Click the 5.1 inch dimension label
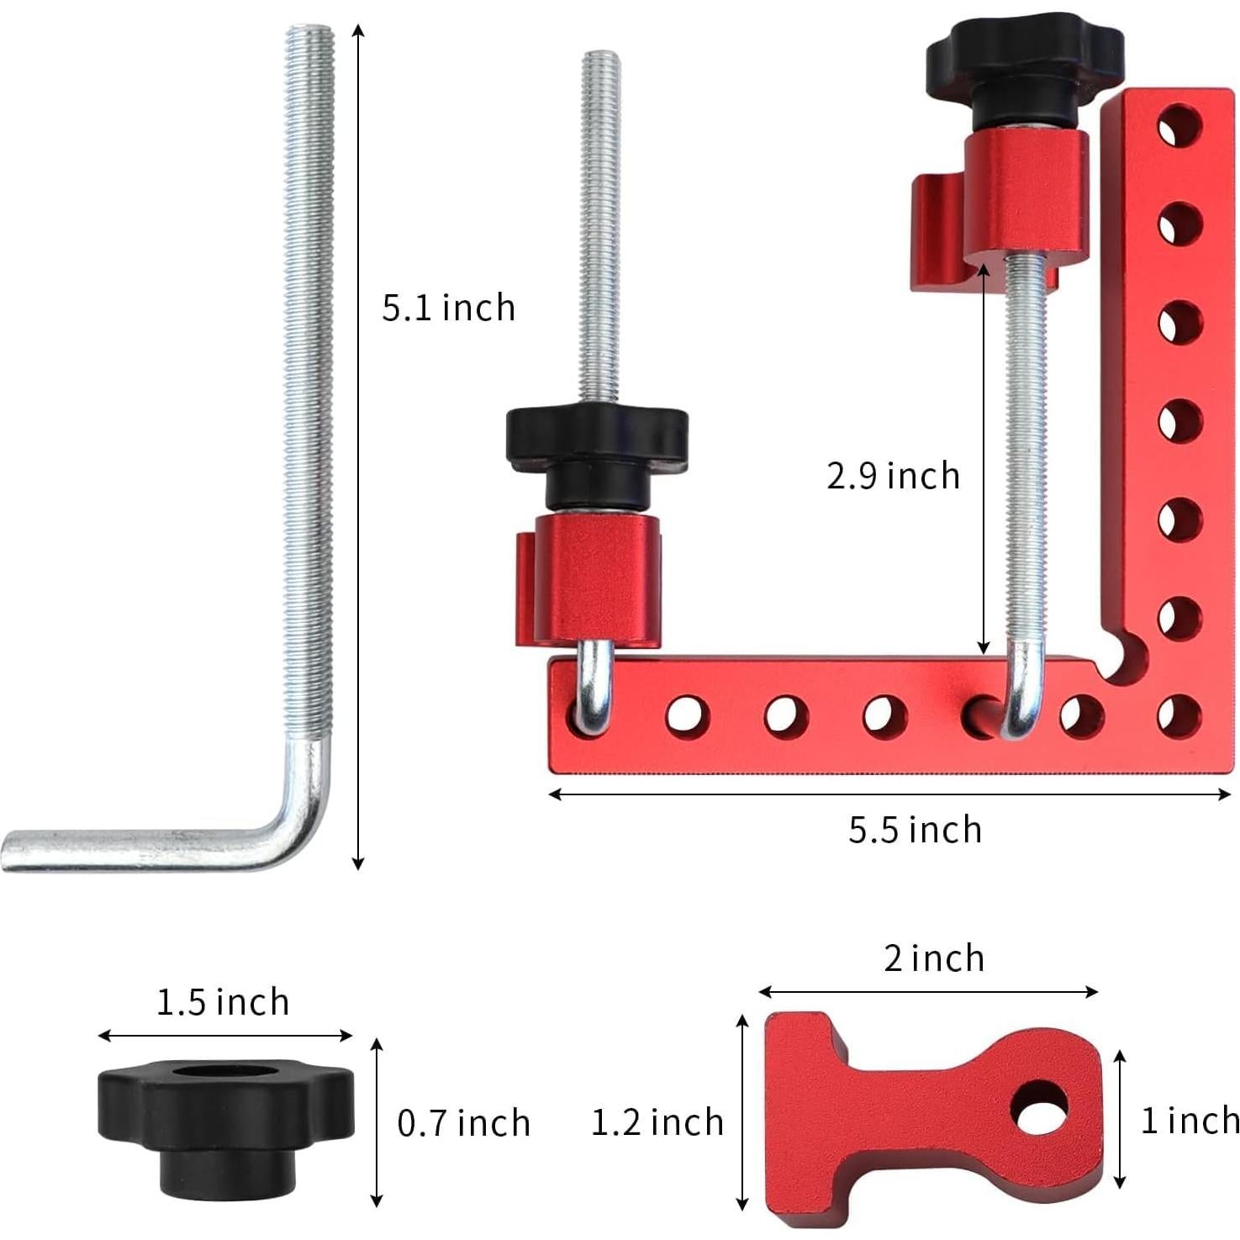(x=448, y=308)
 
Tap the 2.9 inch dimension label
(x=892, y=476)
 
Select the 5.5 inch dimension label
(x=915, y=830)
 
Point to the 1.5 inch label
(x=223, y=1002)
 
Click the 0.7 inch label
(x=463, y=1123)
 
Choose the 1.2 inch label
(x=657, y=1122)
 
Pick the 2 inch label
(x=933, y=958)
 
